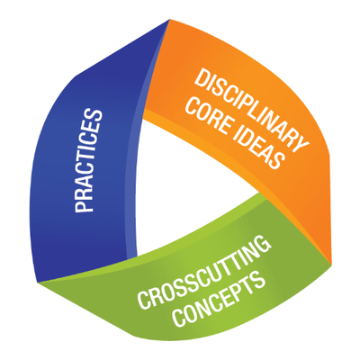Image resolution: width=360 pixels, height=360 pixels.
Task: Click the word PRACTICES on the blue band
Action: point(88,161)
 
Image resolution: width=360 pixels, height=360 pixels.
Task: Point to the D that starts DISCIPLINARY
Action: point(202,75)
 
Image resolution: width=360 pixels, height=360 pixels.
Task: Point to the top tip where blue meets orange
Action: point(170,20)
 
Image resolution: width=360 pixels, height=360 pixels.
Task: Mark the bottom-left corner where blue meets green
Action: point(38,282)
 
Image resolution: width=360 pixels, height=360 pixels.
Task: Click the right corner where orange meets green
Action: point(331,264)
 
